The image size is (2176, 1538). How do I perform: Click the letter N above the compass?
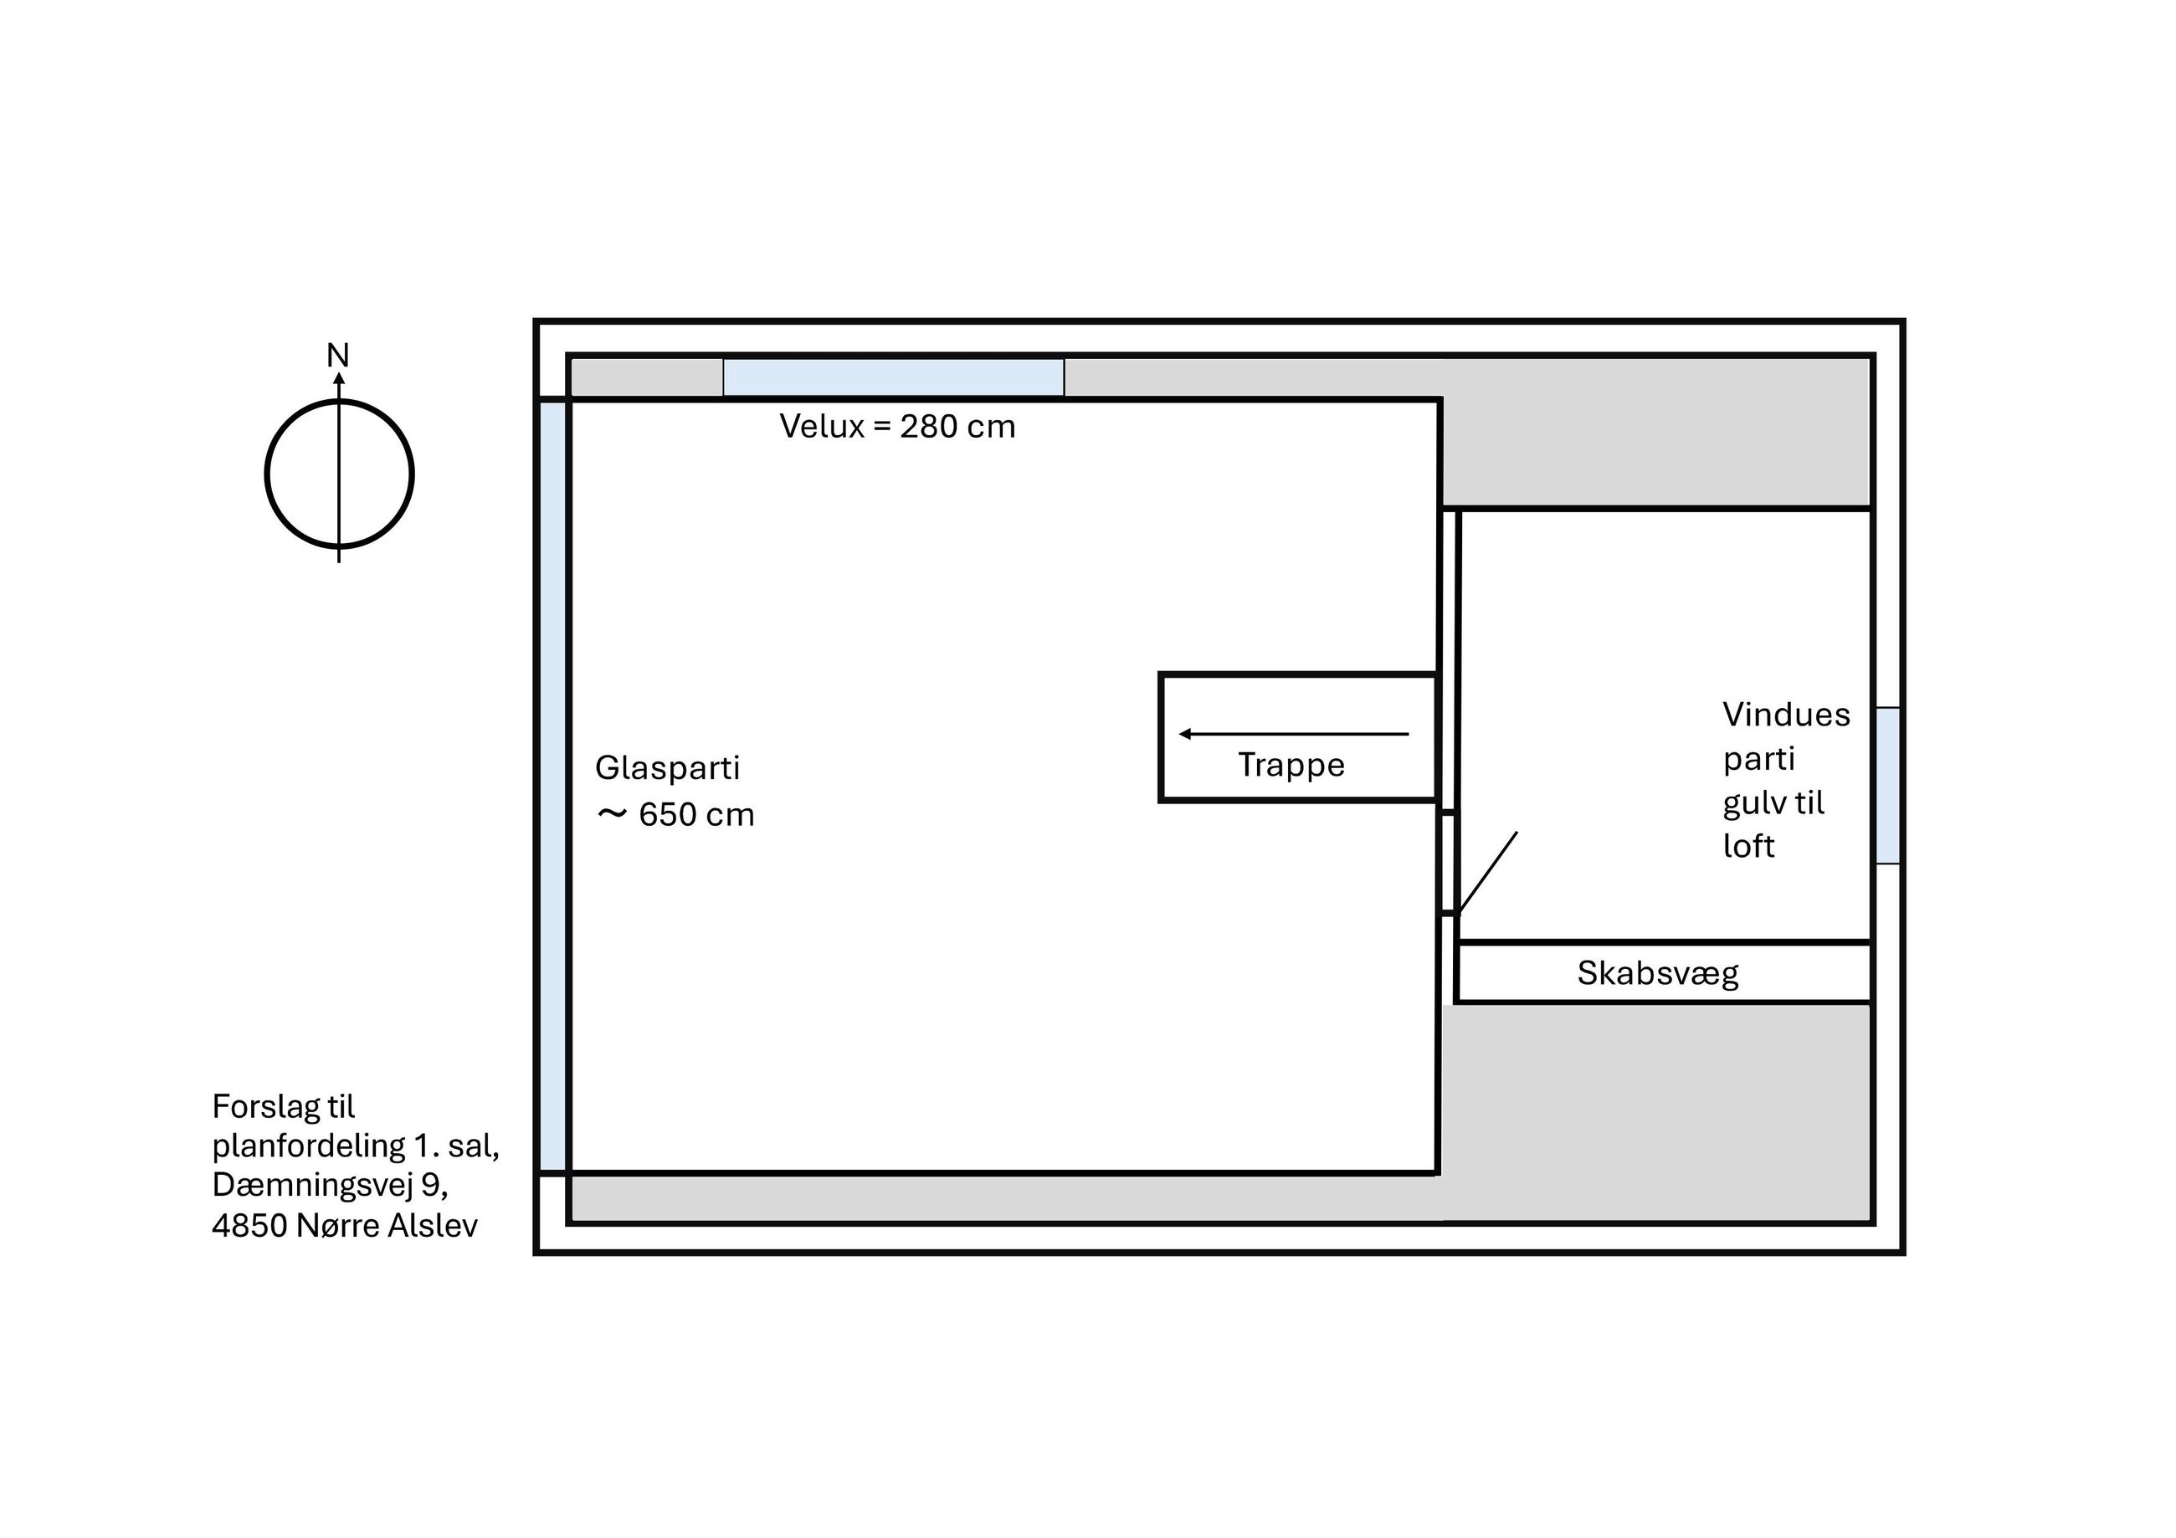(x=337, y=356)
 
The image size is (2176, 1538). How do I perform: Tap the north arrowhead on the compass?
(x=338, y=379)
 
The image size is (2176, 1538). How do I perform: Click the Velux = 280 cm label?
(x=896, y=427)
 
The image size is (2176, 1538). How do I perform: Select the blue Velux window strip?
(x=893, y=377)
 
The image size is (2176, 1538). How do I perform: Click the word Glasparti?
(x=667, y=768)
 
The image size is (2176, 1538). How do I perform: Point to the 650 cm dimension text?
(x=696, y=815)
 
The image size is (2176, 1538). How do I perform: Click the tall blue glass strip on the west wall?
(x=553, y=786)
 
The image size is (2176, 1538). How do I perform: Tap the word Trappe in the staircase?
(x=1291, y=766)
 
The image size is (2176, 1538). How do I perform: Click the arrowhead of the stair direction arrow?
(x=1185, y=734)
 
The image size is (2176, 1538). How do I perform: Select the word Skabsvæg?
(x=1658, y=973)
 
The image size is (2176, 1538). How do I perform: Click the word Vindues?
(x=1785, y=715)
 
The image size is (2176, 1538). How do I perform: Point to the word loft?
(x=1747, y=845)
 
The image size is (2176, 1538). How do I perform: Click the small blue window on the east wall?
(x=1888, y=786)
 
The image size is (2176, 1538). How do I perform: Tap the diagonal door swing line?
(x=1488, y=873)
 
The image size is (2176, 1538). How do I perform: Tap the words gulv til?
(x=1773, y=803)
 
